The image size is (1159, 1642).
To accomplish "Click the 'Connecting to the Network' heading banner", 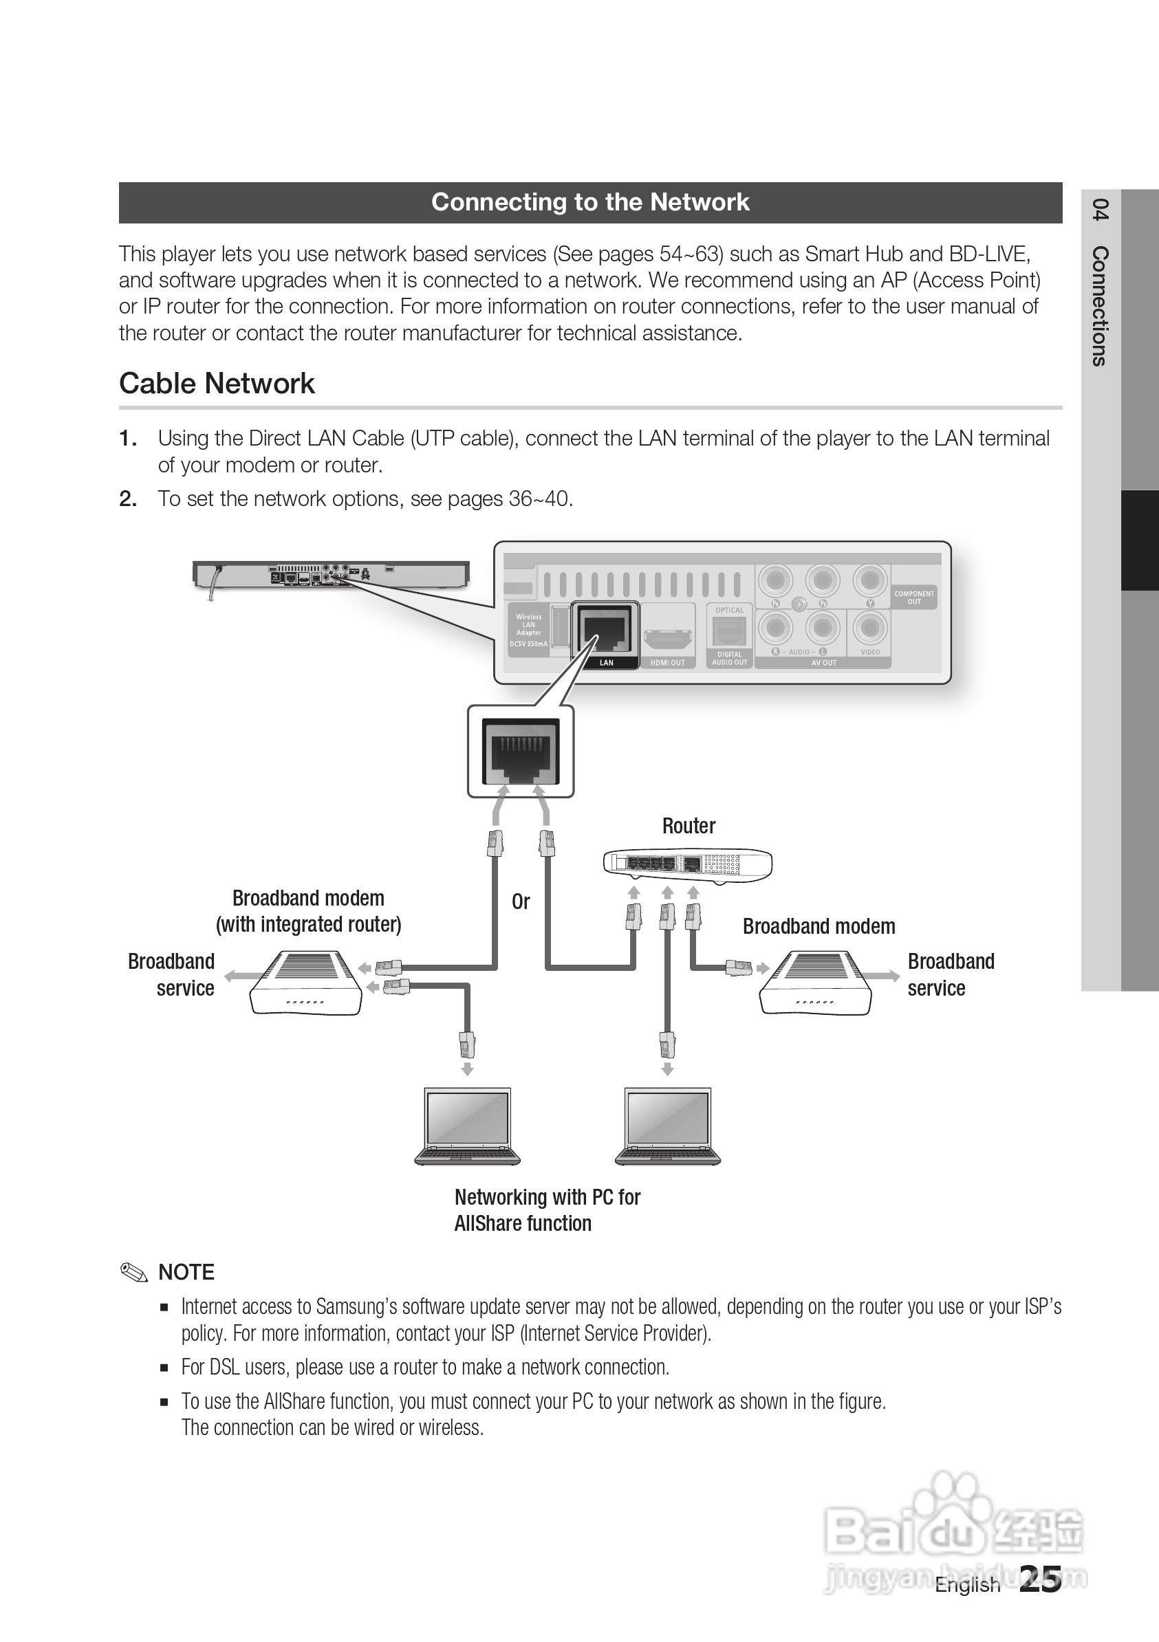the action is coord(590,202).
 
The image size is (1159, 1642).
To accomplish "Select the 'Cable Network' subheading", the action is coord(217,383).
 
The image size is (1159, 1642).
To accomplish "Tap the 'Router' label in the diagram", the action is coord(689,826).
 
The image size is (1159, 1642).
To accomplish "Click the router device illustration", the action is coord(688,864).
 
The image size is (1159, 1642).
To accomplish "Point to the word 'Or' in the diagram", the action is coord(521,902).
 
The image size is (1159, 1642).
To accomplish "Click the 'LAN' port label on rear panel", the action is coord(606,663).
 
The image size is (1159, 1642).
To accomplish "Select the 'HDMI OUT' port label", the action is coord(667,663).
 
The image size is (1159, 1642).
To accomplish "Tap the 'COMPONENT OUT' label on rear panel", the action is coord(914,598).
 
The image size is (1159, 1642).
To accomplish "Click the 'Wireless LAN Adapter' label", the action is coord(529,624).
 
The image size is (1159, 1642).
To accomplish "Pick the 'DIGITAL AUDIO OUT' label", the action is coord(730,659).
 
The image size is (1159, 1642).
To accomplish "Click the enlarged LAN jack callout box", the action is coord(521,752).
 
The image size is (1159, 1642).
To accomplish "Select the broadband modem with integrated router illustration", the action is coord(305,982).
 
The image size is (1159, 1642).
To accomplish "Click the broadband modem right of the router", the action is coord(816,982).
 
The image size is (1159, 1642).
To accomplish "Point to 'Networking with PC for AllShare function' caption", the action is coord(548,1210).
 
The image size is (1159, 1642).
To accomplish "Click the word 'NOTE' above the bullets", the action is coord(186,1272).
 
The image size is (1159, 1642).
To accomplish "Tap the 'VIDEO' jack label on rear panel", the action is coord(870,653).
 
